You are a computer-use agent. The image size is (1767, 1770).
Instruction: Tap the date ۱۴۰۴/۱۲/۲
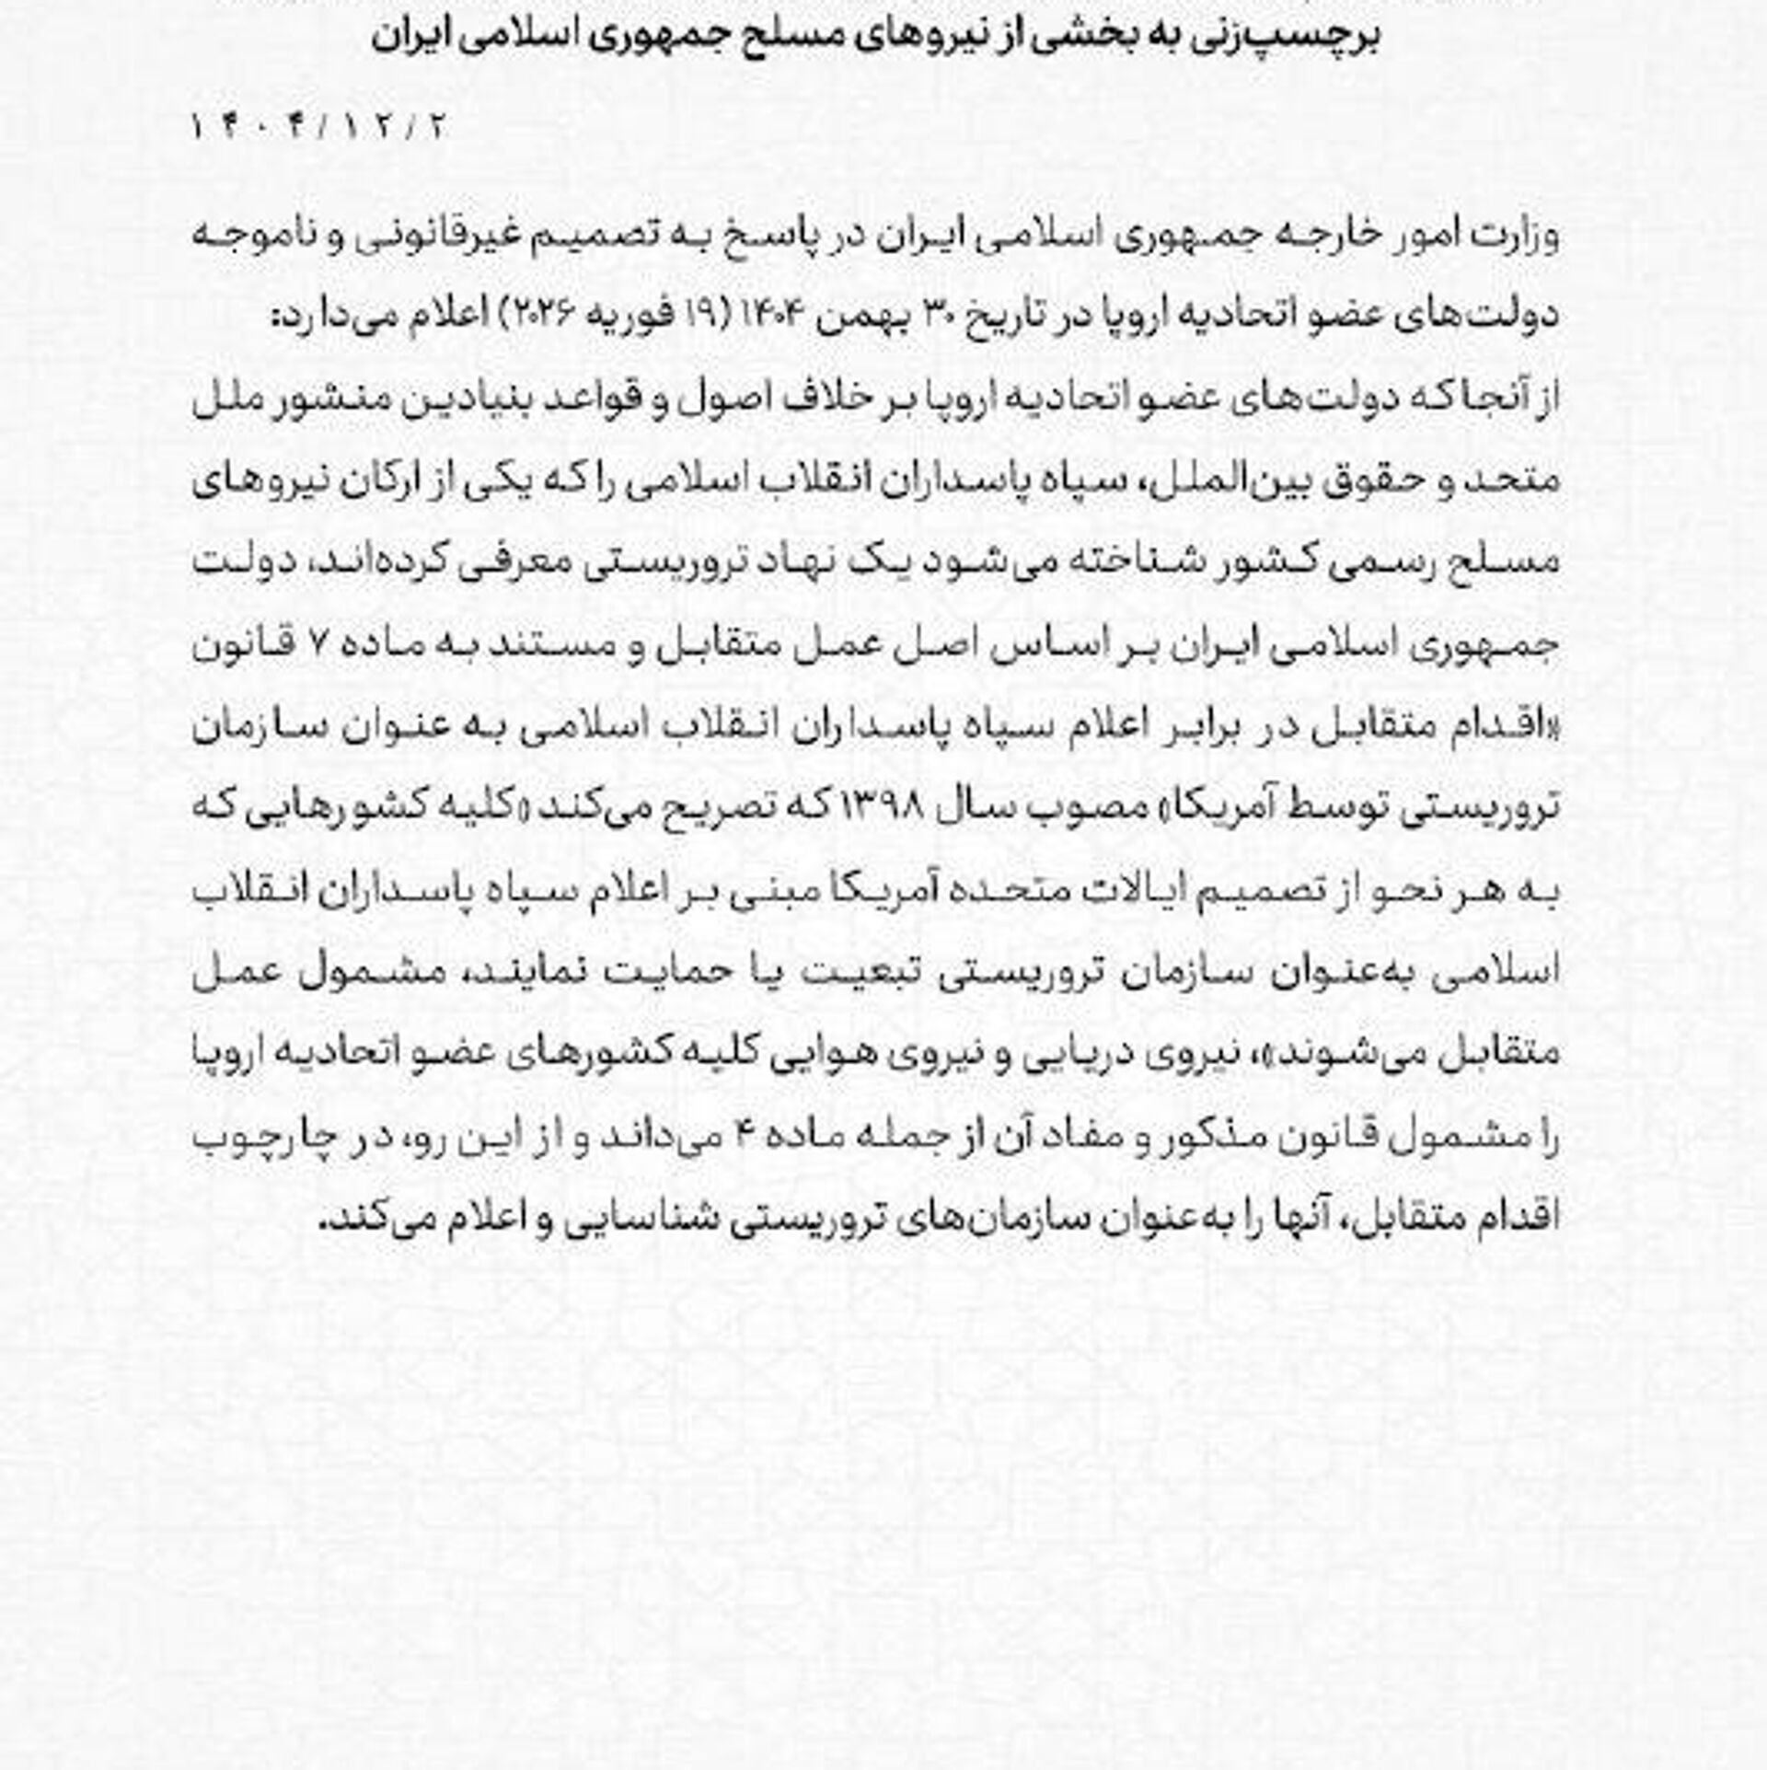[318, 126]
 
